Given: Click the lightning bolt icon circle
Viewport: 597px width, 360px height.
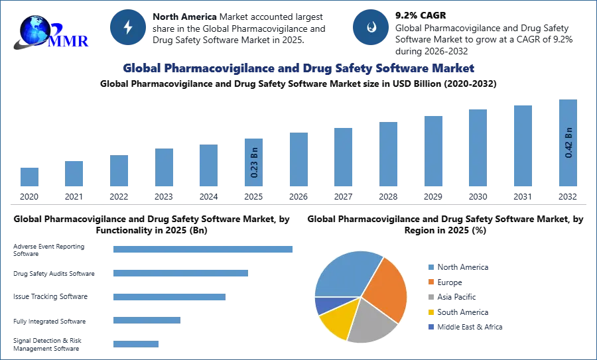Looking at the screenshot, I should point(129,27).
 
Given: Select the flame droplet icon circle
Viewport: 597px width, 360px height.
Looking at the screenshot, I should point(371,27).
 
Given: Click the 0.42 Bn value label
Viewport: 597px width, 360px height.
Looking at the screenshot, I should point(568,142).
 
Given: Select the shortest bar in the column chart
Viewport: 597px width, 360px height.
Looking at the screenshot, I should point(29,177).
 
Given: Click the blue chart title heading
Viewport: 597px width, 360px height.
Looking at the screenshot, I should point(298,68).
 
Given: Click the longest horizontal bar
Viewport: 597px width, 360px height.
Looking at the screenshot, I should point(204,249).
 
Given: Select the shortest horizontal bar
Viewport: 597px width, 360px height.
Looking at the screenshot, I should point(135,344).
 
